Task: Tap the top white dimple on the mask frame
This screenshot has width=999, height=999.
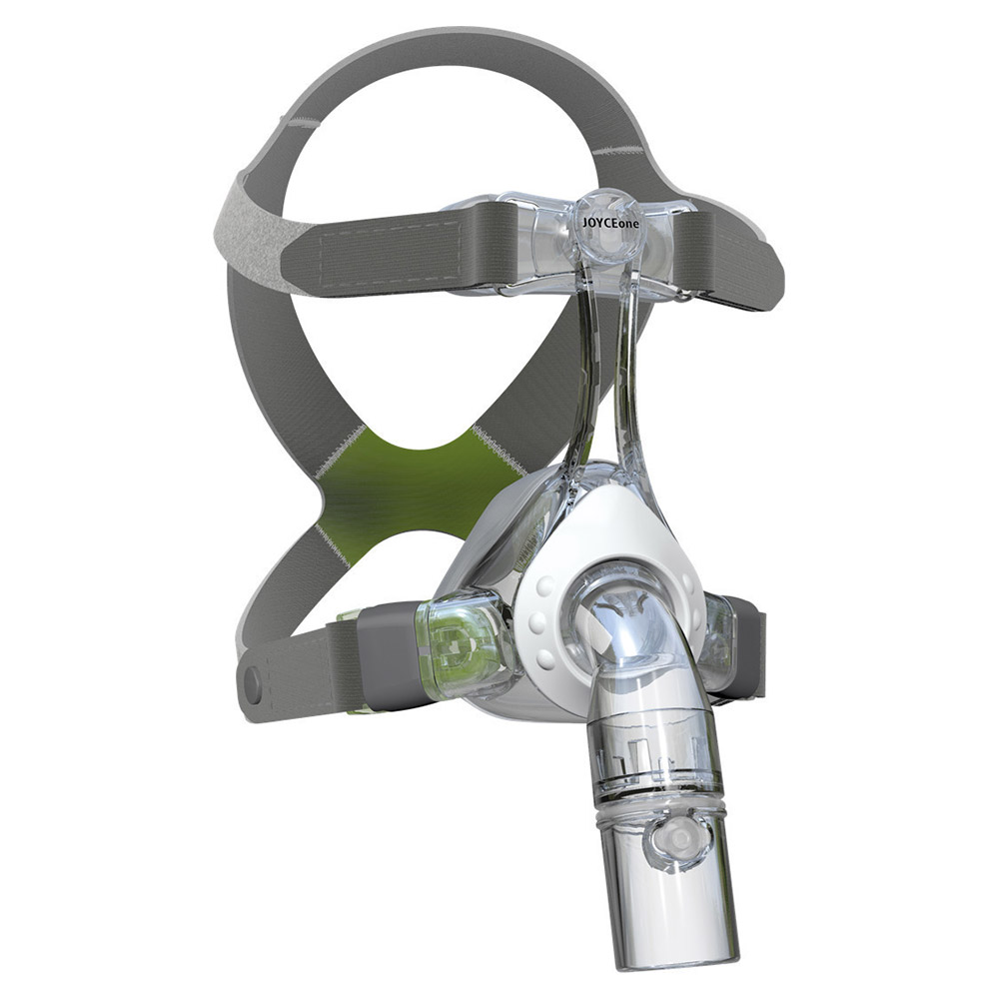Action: pyautogui.click(x=545, y=585)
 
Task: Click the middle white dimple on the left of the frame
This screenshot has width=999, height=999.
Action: pyautogui.click(x=539, y=620)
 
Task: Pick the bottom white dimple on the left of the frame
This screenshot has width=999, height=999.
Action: pyautogui.click(x=546, y=658)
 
